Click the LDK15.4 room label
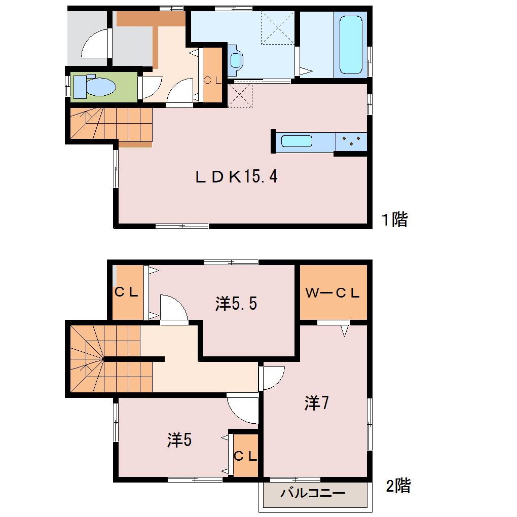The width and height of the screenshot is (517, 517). pos(236,177)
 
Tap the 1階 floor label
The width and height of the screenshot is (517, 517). pos(395,219)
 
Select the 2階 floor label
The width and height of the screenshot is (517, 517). pos(398,486)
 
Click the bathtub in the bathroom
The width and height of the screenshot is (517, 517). pos(351,45)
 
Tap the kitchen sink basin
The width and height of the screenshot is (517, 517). pos(297,141)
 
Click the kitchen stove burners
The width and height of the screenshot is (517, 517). pos(351,141)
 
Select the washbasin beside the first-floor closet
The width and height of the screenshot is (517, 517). pos(235,60)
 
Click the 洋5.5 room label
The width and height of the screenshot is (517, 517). pos(236,304)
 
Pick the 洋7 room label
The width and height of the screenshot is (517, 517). pos(316,402)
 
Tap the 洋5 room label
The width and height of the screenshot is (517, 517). pos(179,440)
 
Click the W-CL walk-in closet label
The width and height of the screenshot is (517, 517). pos(333,293)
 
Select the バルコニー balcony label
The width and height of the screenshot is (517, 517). pos(313,493)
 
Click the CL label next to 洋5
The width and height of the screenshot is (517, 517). pos(245,456)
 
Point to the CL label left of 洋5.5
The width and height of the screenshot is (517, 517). pos(126,292)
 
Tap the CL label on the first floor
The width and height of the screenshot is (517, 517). pos(213,80)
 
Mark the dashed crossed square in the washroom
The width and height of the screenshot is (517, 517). pos(278,28)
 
